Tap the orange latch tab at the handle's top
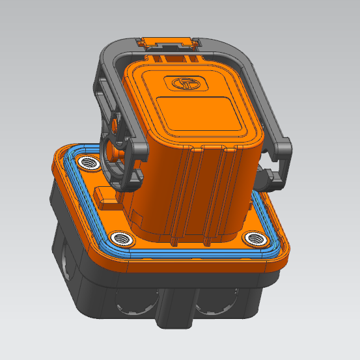[x=168, y=43]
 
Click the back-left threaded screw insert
[x=87, y=161]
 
